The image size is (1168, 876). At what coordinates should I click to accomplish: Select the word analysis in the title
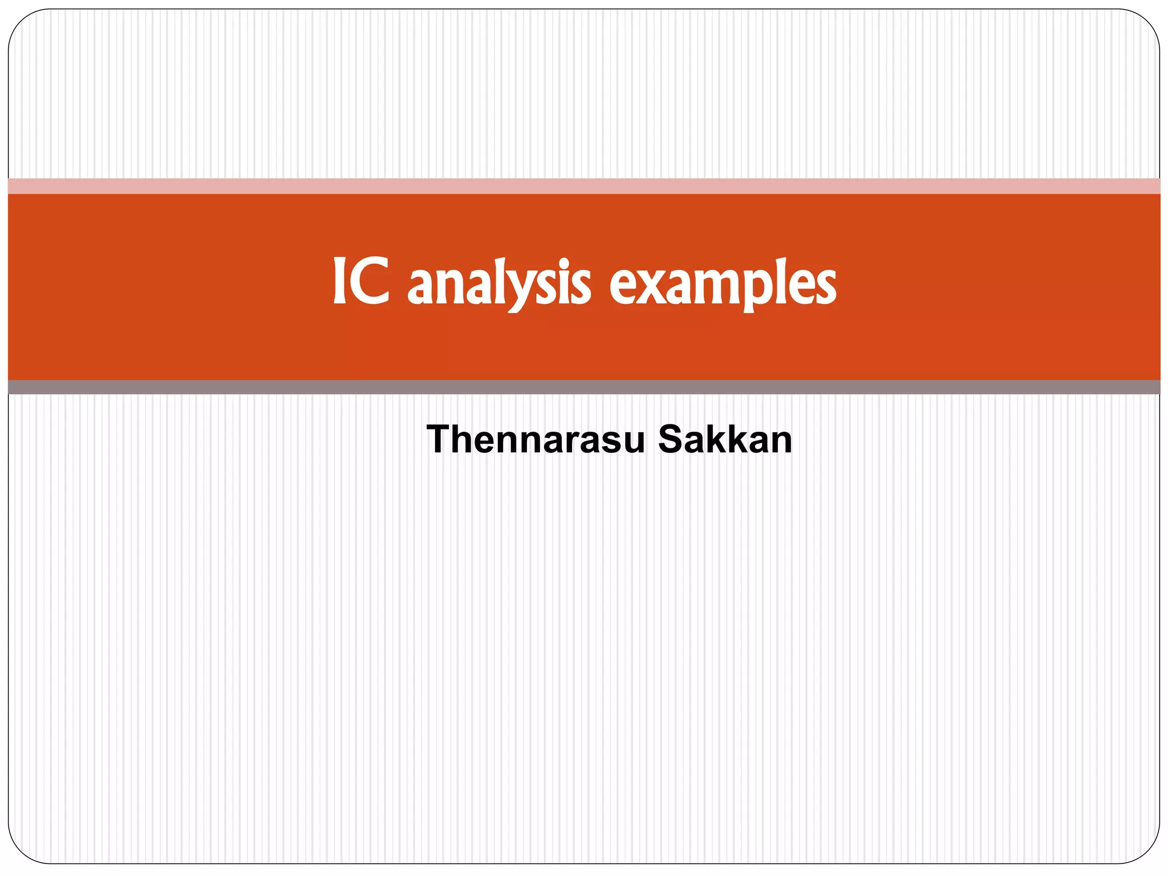(x=500, y=283)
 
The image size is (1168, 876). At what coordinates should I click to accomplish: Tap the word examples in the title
(x=723, y=283)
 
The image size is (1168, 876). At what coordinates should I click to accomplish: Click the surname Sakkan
(x=725, y=440)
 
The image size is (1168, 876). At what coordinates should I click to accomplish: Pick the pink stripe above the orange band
(x=584, y=186)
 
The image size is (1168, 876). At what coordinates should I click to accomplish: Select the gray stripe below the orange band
(x=584, y=387)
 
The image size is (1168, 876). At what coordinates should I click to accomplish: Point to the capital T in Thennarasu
(x=440, y=440)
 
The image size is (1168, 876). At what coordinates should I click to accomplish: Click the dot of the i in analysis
(x=564, y=264)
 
